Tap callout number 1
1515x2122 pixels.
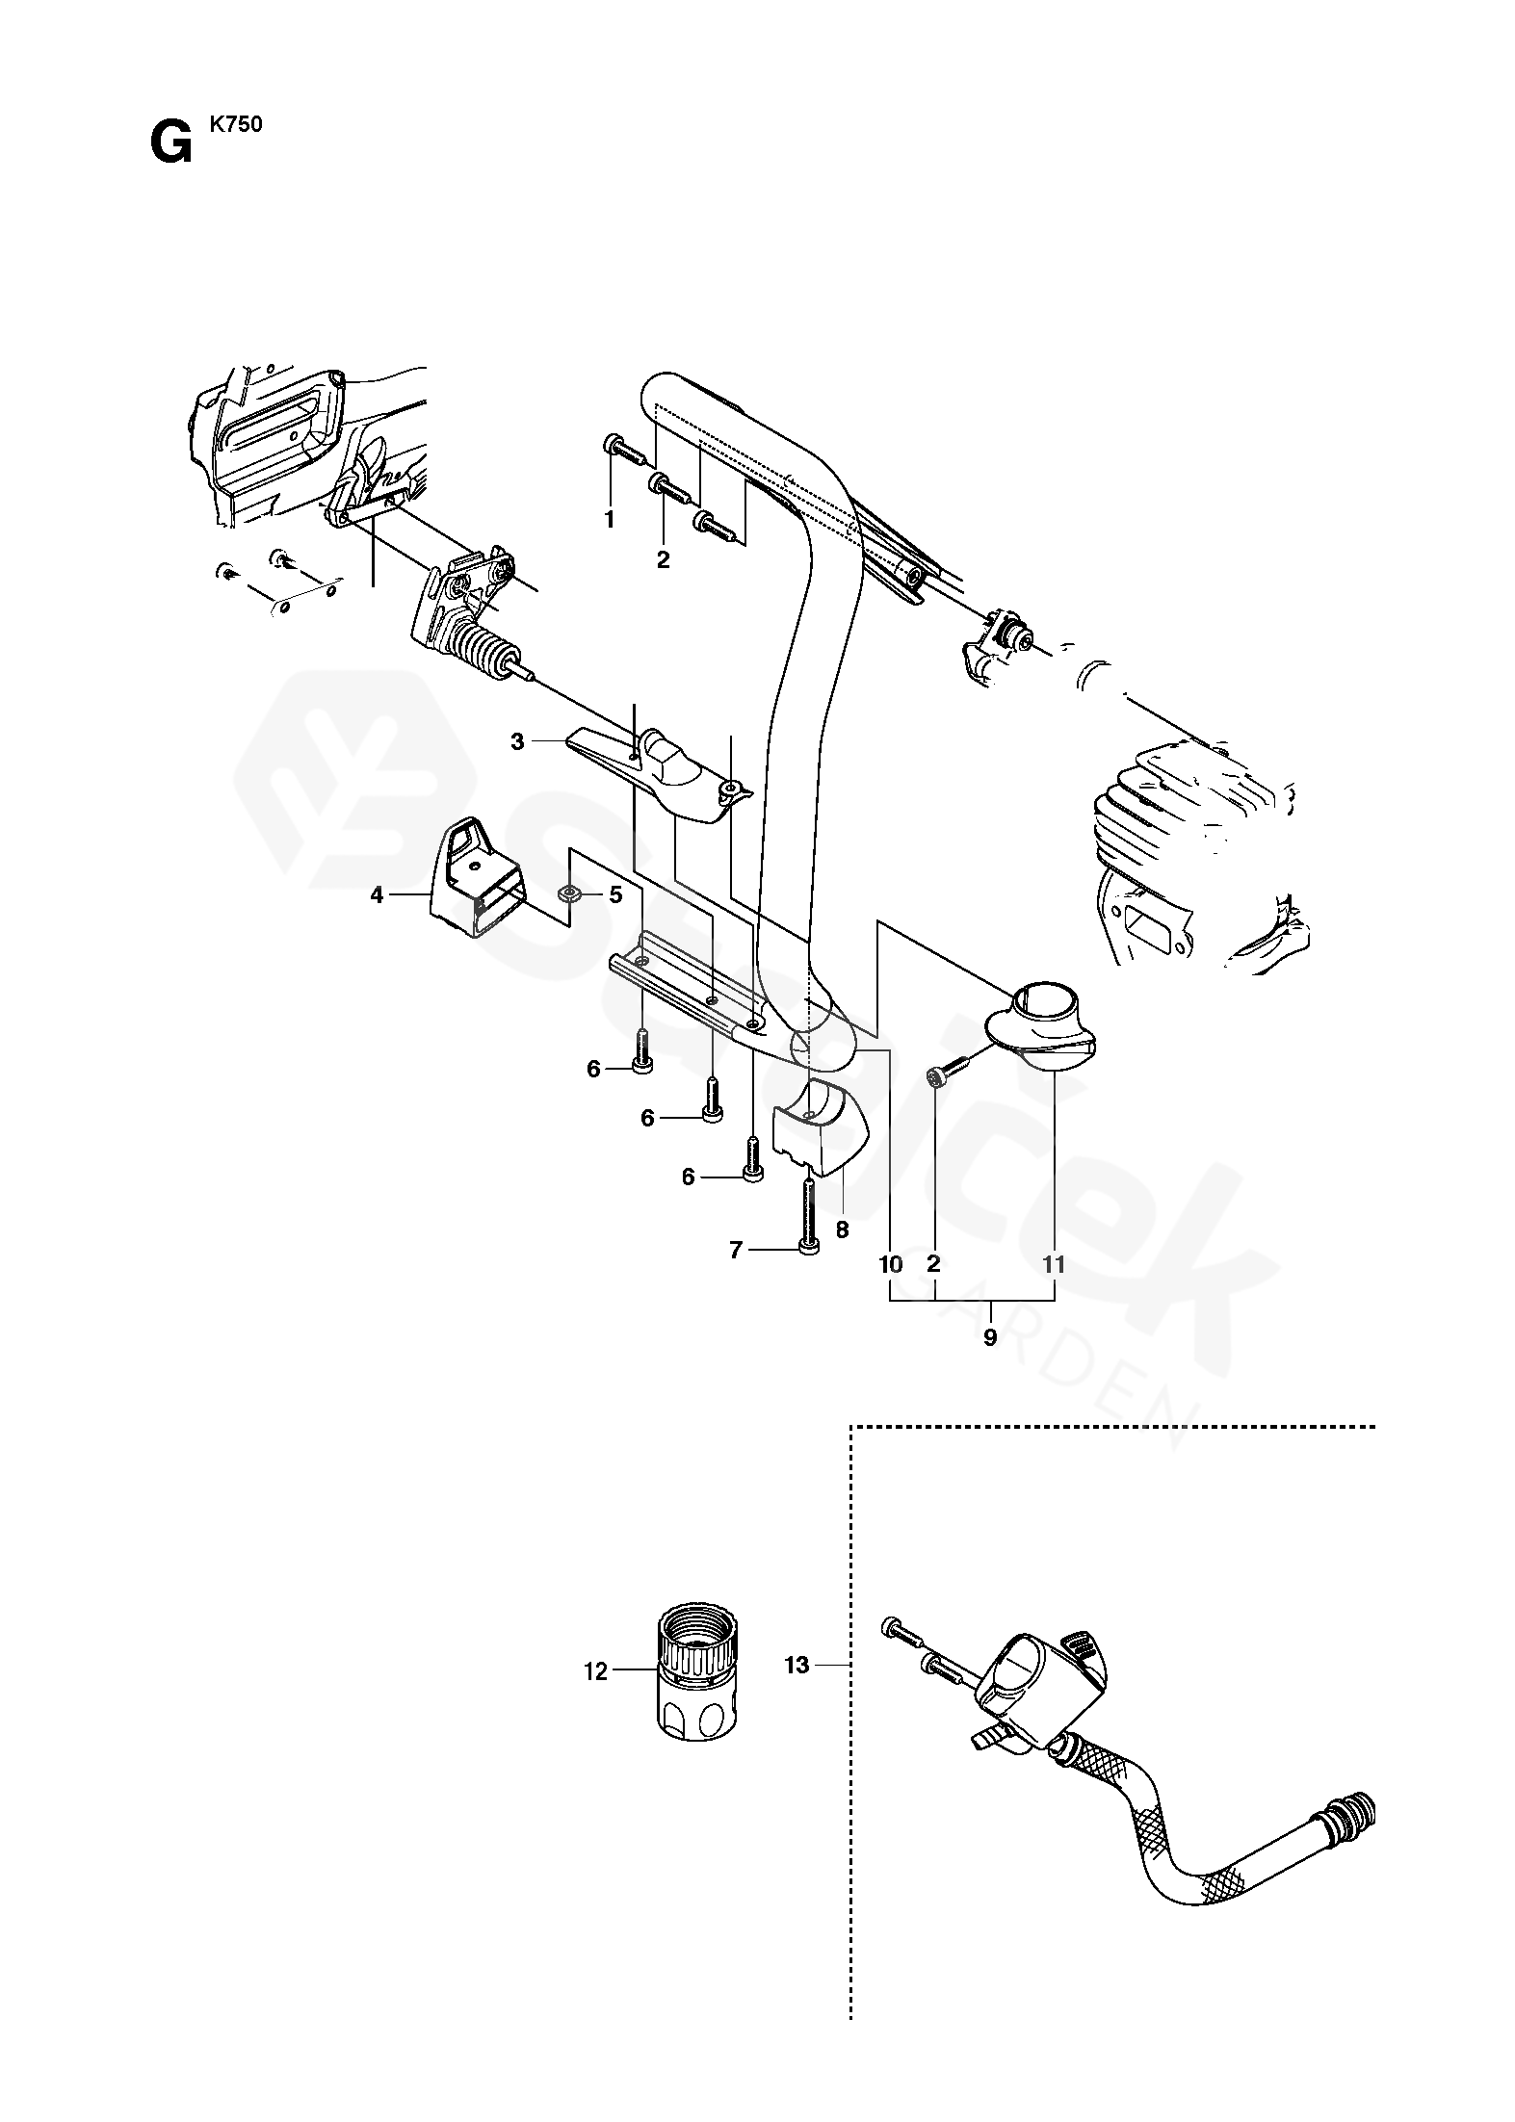(609, 520)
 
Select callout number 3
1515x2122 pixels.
(517, 741)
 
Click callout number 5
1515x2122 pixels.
(615, 895)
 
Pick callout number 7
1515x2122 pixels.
(736, 1251)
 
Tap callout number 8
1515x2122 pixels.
(843, 1229)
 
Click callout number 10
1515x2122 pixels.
(891, 1265)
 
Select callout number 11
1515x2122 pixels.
(1055, 1265)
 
